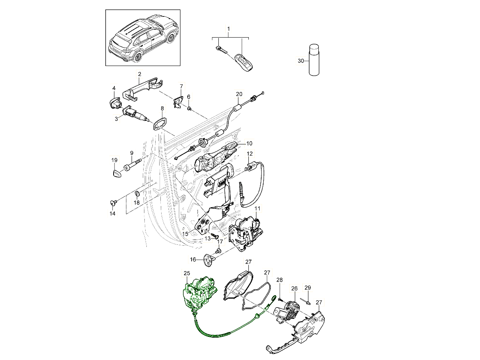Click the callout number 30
[x=301, y=61]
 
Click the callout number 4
[x=114, y=88]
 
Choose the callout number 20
[x=239, y=94]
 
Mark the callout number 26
[x=294, y=288]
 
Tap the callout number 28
[x=279, y=280]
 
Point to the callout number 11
[x=258, y=208]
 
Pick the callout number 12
[x=250, y=154]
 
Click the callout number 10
[x=249, y=143]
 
